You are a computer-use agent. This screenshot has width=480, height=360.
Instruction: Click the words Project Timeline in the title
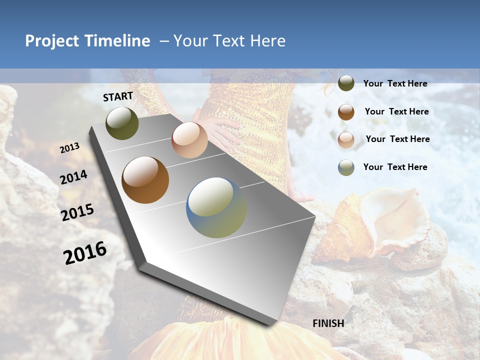[87, 41]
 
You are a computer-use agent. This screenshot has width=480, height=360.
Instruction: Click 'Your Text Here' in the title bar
[229, 41]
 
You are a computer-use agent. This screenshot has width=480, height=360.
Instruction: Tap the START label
[118, 96]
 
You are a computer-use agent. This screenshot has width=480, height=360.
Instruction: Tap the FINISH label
[328, 323]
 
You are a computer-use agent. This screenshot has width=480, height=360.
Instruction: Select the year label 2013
[70, 148]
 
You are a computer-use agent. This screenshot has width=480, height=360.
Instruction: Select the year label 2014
[74, 177]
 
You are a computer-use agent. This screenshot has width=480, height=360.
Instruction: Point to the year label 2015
[77, 212]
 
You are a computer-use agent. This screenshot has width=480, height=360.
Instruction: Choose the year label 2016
[85, 253]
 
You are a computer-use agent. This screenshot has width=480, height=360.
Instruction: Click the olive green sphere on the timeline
[122, 123]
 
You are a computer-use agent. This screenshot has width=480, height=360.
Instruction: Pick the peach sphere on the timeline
[189, 140]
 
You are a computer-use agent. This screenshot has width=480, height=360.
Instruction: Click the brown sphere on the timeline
[145, 180]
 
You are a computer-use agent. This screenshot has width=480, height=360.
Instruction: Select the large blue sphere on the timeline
[216, 207]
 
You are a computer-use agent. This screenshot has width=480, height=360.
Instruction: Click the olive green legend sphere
[346, 83]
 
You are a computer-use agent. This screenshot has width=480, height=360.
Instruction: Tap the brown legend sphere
[346, 112]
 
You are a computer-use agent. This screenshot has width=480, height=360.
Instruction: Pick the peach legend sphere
[346, 140]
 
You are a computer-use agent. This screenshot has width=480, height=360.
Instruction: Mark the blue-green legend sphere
[346, 167]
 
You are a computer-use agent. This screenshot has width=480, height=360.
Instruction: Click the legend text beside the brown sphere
[396, 111]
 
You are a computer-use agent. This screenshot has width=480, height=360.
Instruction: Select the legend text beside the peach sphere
[397, 139]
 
